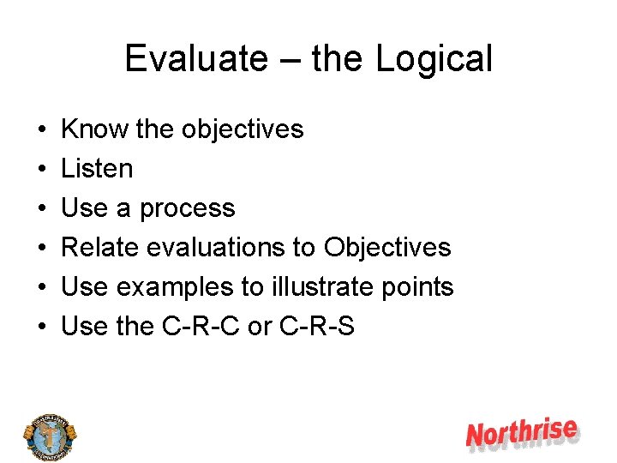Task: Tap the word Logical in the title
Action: [434, 59]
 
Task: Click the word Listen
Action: [97, 169]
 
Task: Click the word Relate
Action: [100, 248]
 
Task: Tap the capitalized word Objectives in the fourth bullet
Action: [387, 248]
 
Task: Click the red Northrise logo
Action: [521, 434]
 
